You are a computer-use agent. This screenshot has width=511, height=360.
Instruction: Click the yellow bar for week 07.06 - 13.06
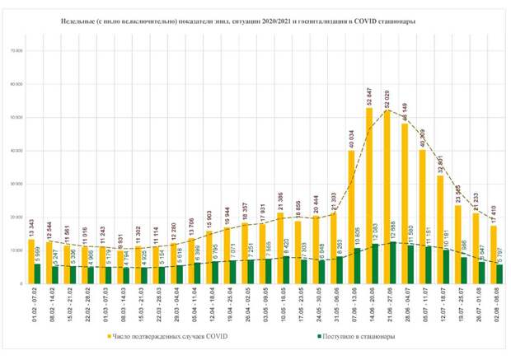pyautogui.click(x=351, y=217)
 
